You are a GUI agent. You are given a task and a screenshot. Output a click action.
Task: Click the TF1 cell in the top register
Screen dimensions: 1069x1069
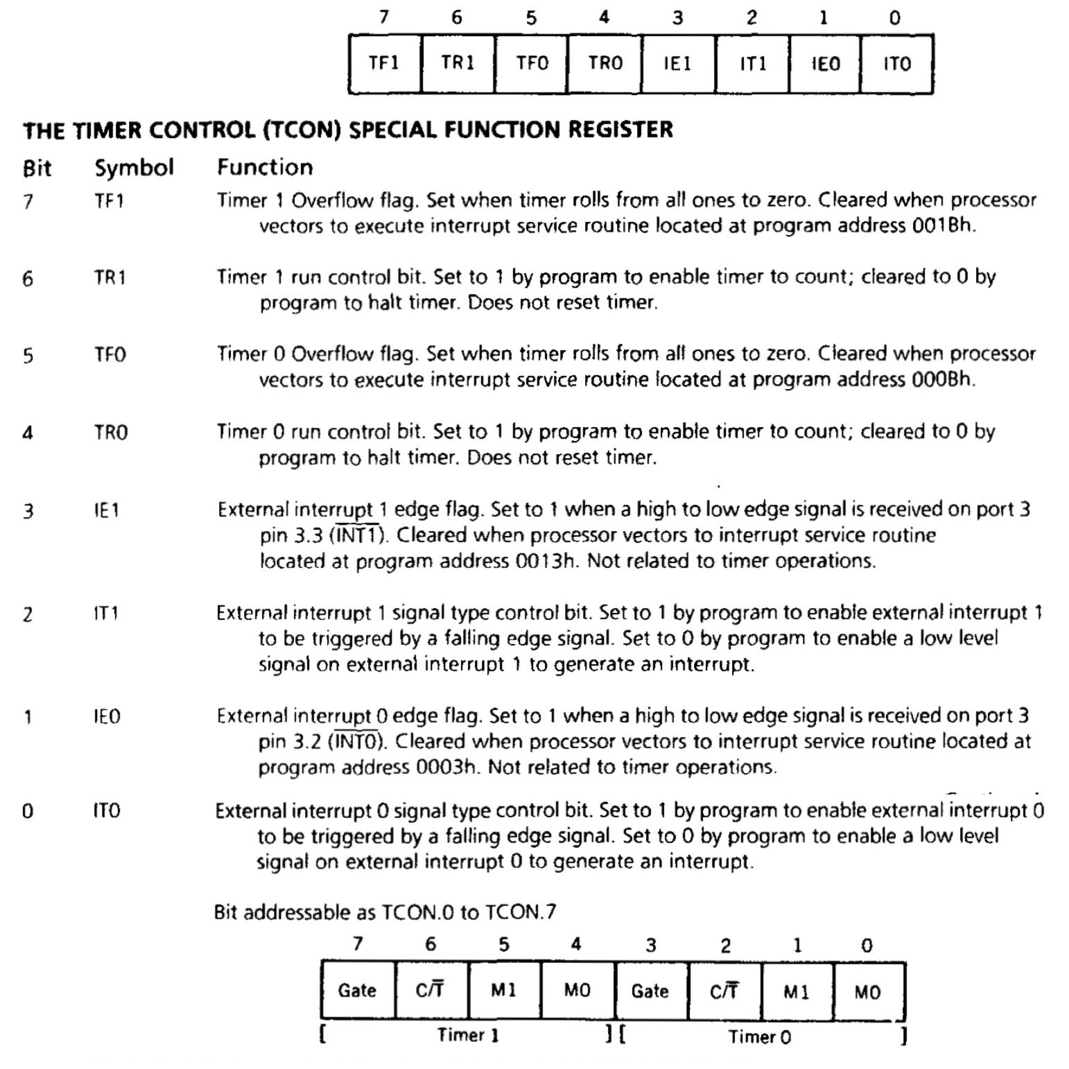384,64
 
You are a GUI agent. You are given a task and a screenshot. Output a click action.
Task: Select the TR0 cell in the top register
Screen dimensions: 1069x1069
605,64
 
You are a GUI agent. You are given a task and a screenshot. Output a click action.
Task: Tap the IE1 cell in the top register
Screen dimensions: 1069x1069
678,64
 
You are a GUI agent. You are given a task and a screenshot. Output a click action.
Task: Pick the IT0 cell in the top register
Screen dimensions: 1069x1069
896,64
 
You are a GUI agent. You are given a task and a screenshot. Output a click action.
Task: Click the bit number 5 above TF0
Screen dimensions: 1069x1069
531,18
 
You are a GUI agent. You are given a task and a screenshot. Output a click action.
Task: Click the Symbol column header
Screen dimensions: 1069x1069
134,168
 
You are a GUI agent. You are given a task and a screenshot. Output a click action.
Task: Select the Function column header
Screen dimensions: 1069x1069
265,167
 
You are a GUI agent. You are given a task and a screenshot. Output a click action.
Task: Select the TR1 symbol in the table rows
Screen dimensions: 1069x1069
110,278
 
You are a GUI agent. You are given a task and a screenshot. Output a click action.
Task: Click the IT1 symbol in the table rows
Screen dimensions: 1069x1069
106,614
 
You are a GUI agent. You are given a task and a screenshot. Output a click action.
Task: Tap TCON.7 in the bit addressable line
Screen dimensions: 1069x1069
521,912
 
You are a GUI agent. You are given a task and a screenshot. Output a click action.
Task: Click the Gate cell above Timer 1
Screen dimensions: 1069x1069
357,990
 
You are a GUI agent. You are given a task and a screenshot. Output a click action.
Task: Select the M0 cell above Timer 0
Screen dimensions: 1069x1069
867,992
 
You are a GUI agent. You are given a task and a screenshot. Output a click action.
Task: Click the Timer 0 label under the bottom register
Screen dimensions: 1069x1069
759,1037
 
